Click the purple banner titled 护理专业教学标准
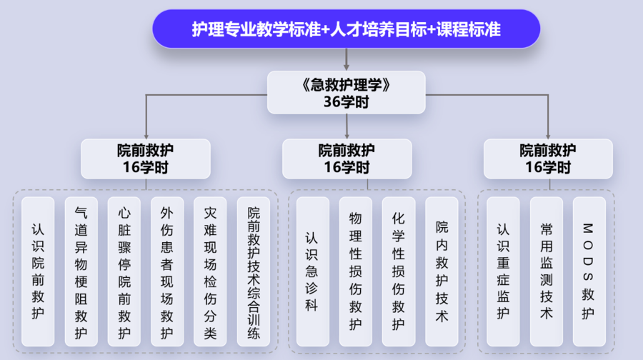[346, 29]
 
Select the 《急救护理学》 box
[346, 92]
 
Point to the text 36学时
[346, 101]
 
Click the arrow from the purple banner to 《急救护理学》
[347, 59]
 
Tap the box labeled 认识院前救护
[38, 271]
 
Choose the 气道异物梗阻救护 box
[81, 271]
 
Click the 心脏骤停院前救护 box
[124, 271]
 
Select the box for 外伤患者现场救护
[167, 271]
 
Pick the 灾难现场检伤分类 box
[210, 271]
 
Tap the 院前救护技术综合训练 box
[254, 271]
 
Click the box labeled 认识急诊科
[313, 271]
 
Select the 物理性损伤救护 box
[356, 271]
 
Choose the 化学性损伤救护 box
[399, 271]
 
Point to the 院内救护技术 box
[442, 271]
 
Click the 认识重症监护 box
[503, 271]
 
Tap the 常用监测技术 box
[547, 271]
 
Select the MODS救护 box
[589, 271]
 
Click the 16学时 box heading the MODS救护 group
[548, 159]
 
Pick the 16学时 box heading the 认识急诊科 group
[347, 159]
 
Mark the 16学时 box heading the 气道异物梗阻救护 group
[146, 159]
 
